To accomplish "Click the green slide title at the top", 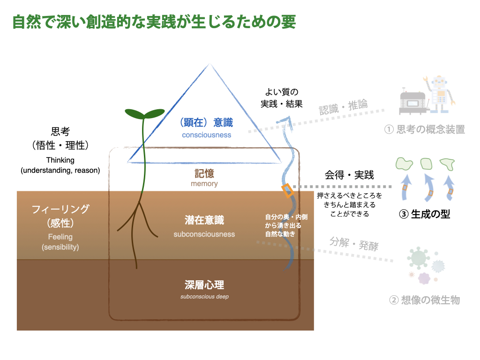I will pos(154,22).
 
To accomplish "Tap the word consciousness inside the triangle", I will pos(207,135).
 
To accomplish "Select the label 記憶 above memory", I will pos(204,173).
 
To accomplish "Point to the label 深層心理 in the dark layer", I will pos(204,285).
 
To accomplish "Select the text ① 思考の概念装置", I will pos(424,130).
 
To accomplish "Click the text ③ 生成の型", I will pos(424,214).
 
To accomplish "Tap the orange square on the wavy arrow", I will pos(287,190).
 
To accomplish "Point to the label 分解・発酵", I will pos(354,244).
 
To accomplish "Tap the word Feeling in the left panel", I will pos(60,237).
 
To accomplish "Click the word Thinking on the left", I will pos(60,160).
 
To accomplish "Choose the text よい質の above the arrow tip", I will pos(282,93).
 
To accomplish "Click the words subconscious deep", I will pos(204,297).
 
